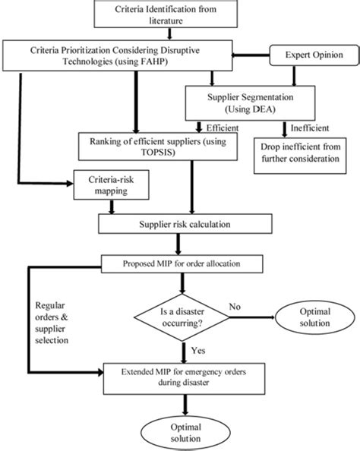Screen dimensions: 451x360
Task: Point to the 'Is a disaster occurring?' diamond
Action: coord(182,313)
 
